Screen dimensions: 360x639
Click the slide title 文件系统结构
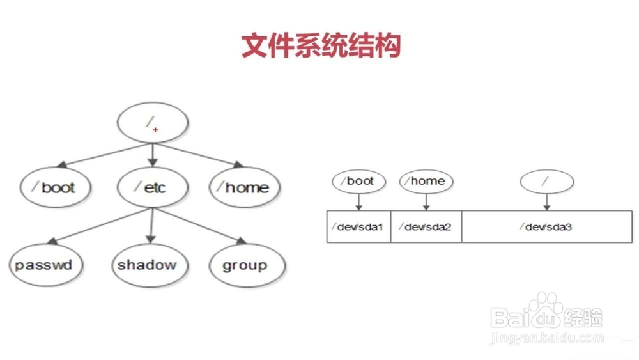tap(320, 46)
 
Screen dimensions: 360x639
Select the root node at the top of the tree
tap(152, 123)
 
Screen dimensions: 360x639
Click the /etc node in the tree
tap(152, 187)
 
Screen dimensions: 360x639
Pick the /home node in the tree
tap(240, 187)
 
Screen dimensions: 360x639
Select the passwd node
tap(45, 265)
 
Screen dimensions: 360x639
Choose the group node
tap(245, 265)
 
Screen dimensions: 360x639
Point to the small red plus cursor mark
tap(156, 129)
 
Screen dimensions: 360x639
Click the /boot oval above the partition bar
tap(359, 182)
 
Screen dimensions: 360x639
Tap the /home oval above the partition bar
tap(426, 182)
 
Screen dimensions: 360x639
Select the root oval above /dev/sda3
tap(547, 182)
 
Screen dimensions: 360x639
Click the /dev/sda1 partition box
tap(358, 226)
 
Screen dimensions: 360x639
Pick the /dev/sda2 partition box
tap(426, 226)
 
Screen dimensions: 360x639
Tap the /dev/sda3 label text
tap(545, 227)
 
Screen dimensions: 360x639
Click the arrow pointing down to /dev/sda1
tap(359, 201)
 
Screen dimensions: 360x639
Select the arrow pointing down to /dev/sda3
tap(547, 202)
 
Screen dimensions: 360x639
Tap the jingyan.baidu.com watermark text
tap(546, 338)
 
